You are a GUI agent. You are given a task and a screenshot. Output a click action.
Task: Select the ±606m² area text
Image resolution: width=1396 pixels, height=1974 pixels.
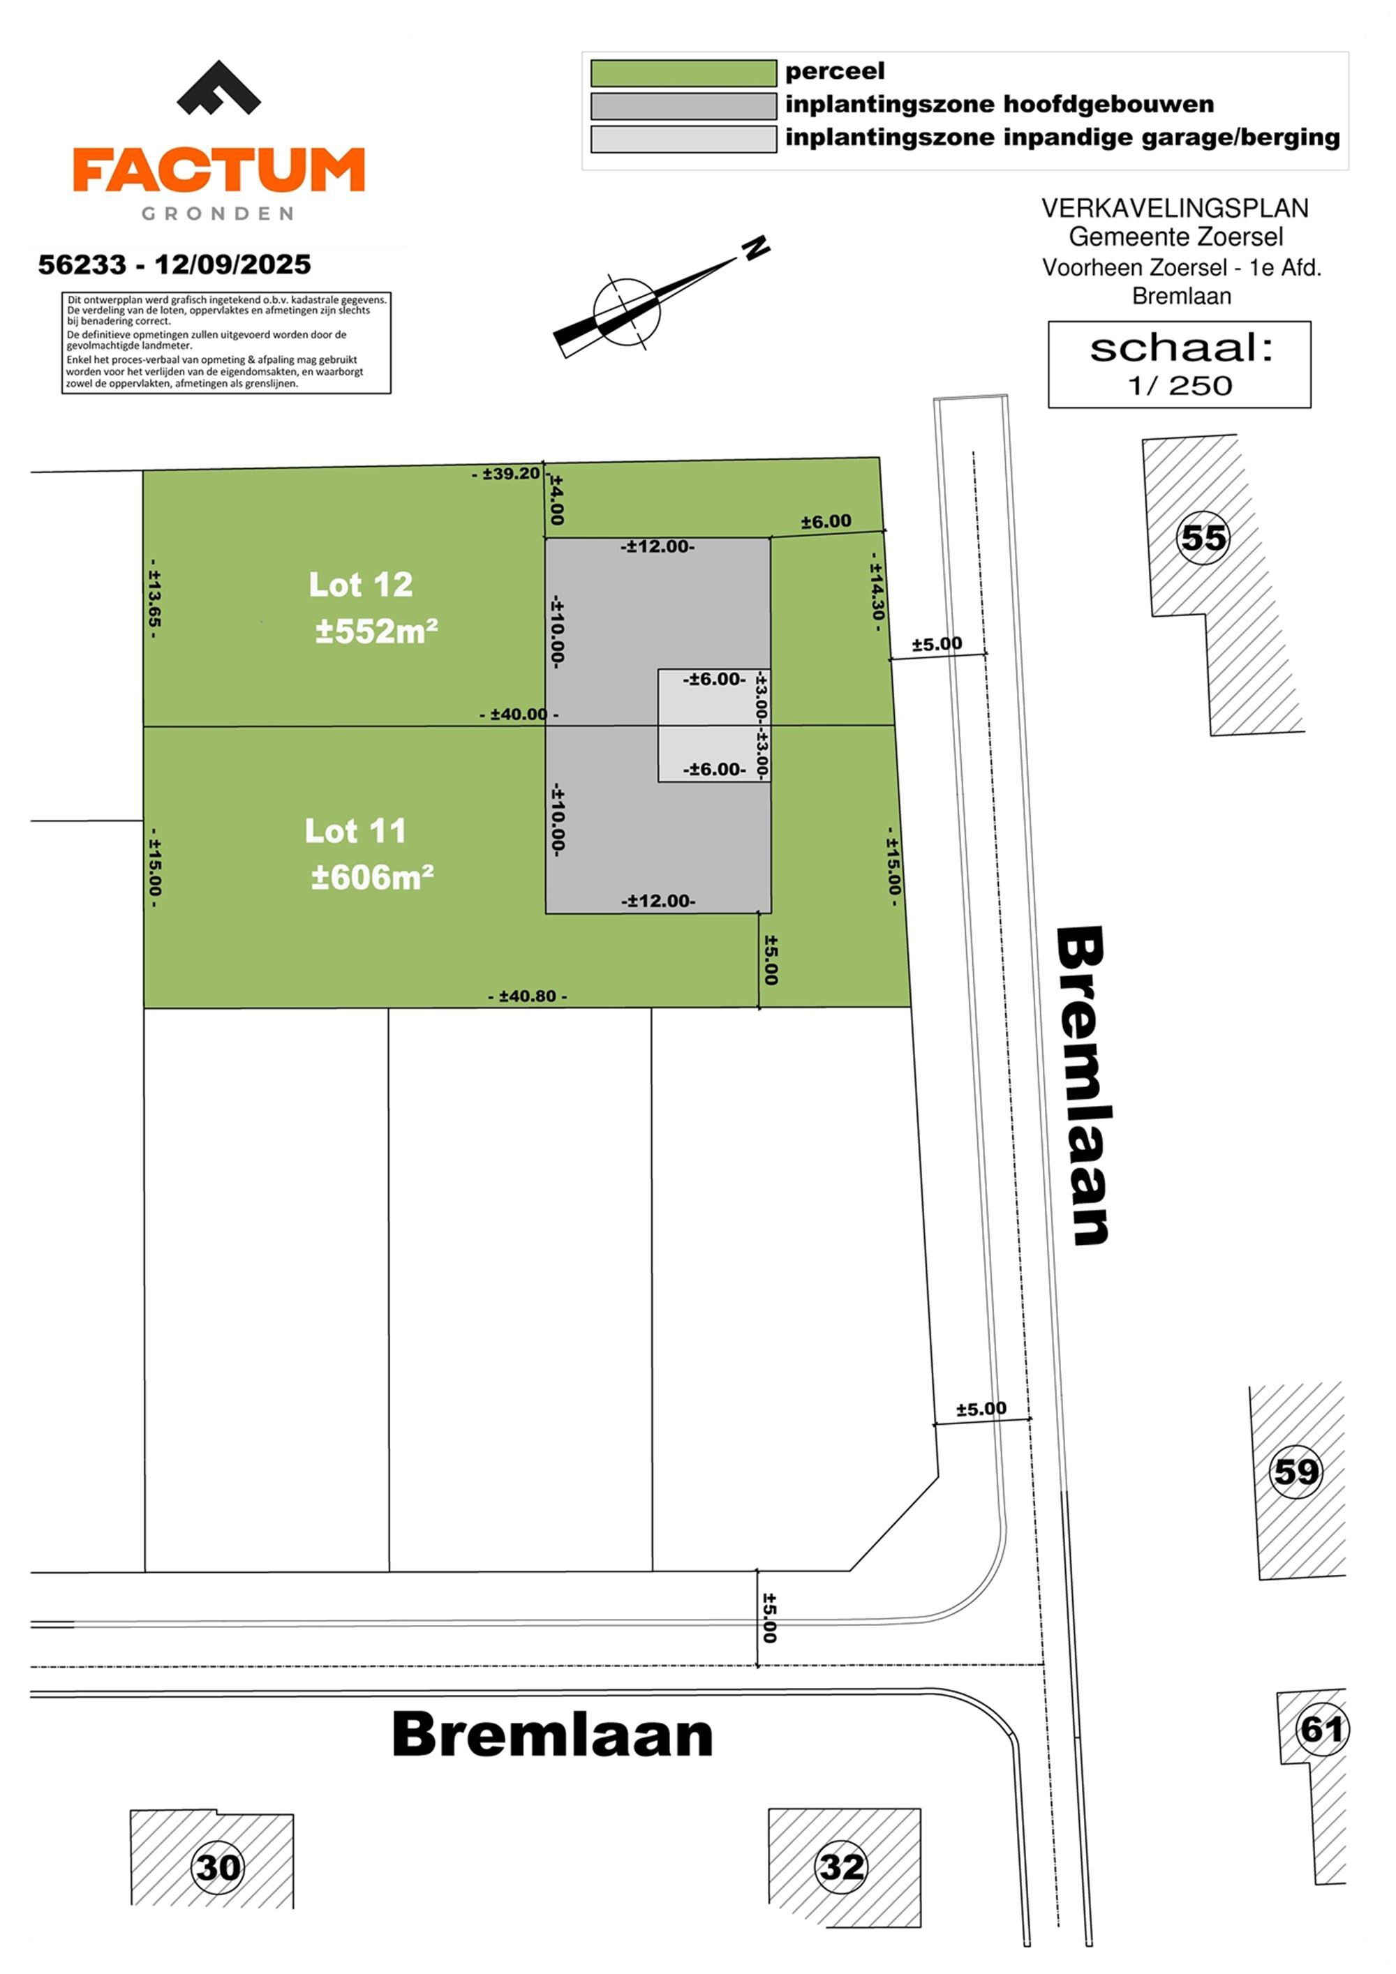click(373, 877)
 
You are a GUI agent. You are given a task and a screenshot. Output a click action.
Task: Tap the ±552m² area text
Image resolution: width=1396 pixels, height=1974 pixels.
click(377, 631)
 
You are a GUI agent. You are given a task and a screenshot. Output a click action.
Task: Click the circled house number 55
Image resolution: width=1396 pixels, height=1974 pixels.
click(1203, 538)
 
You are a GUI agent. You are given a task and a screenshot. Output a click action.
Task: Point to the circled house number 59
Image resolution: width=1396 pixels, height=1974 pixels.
click(1295, 1471)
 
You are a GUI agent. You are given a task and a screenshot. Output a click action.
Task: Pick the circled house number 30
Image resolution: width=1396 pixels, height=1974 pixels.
click(218, 1867)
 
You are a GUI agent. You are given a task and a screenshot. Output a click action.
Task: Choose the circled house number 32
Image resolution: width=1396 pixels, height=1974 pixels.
click(842, 1867)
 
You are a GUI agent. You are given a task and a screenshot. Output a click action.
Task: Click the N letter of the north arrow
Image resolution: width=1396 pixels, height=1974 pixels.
click(756, 248)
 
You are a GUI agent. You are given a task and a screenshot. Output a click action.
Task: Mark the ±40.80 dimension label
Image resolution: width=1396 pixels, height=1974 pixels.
click(527, 996)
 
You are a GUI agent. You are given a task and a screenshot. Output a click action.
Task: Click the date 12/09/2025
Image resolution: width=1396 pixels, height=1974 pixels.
click(232, 265)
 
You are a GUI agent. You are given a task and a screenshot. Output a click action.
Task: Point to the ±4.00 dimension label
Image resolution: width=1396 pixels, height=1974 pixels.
click(556, 500)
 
